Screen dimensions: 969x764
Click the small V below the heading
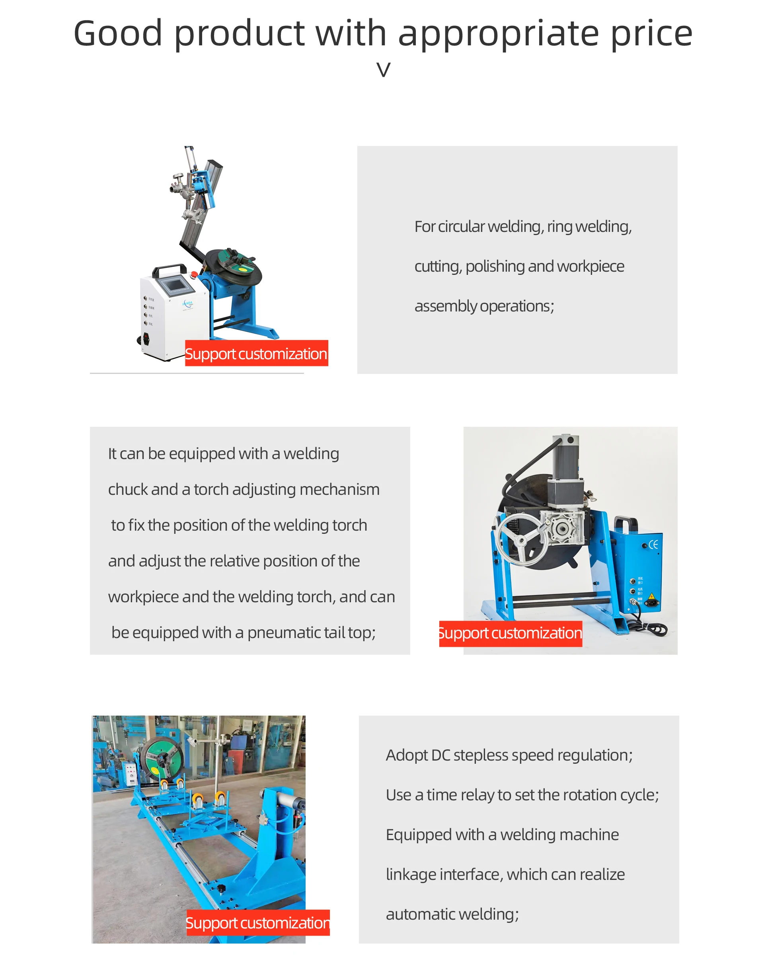383,70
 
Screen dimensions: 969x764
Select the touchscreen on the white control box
173,284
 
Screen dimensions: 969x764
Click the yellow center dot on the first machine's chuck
242,270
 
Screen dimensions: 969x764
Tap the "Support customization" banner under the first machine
256,354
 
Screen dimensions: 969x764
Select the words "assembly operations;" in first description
484,306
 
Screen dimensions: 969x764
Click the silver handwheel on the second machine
522,539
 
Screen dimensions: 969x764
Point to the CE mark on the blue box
653,544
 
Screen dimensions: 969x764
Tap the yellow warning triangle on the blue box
651,597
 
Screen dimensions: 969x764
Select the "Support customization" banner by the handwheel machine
511,634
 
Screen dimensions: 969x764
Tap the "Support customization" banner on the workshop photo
257,923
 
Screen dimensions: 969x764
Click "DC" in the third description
440,755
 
